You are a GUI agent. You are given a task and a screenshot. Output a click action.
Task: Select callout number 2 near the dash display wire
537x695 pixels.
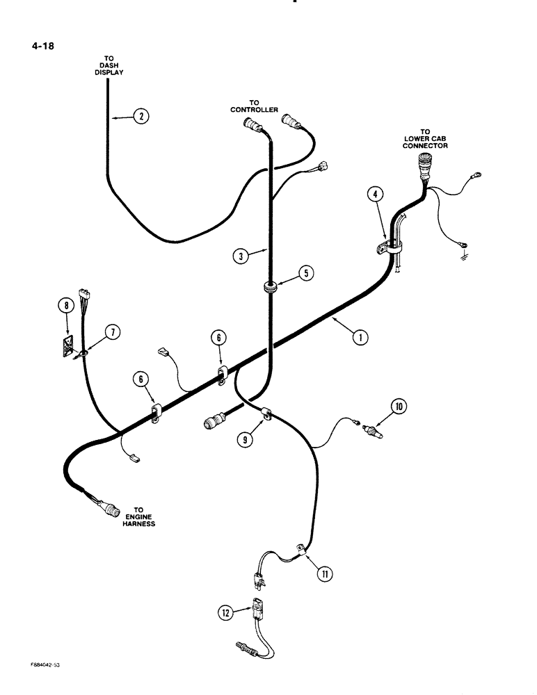click(x=141, y=117)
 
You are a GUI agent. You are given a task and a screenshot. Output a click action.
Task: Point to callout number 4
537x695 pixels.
click(x=375, y=196)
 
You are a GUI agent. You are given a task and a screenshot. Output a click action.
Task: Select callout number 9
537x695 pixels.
click(x=245, y=439)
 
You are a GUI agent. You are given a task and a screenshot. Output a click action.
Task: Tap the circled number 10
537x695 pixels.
click(x=398, y=406)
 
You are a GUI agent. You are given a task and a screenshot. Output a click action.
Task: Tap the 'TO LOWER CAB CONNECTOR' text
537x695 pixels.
click(x=425, y=139)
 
